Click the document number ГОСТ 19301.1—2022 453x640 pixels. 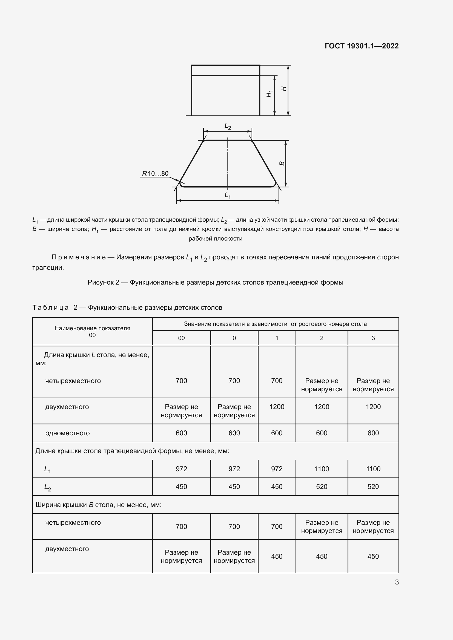(362, 46)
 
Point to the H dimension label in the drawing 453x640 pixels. (284, 89)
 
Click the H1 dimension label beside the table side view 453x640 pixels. (269, 94)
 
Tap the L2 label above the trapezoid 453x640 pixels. (228, 127)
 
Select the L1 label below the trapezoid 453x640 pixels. (228, 195)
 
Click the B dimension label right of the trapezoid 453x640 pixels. (282, 163)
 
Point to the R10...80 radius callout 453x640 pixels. (155, 173)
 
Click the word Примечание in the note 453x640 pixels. (79, 257)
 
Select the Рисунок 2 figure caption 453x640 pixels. (215, 282)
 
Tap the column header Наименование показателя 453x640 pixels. (92, 328)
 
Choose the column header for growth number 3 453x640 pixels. (373, 338)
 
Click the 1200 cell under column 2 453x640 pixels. (322, 407)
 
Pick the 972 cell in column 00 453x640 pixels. (181, 469)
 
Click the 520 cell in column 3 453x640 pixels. (373, 487)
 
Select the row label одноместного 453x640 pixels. (67, 433)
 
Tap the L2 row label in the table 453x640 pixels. (47, 487)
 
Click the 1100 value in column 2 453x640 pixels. (322, 469)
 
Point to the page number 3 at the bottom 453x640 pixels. (397, 582)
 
